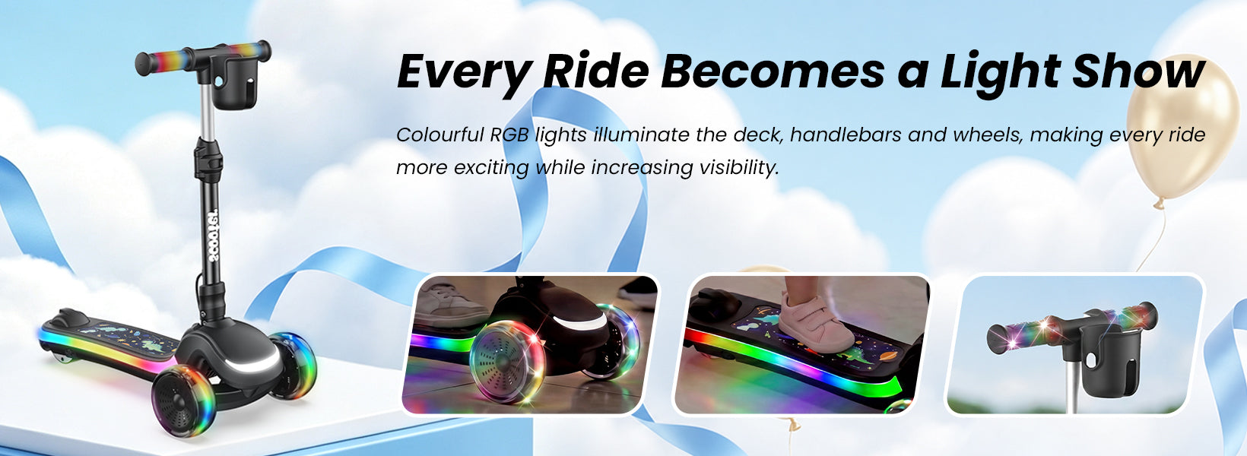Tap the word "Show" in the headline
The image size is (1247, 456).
(x=1138, y=71)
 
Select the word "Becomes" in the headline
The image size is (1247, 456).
(x=773, y=71)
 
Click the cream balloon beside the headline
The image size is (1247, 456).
(x=1175, y=128)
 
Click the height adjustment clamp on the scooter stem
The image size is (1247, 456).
(x=209, y=160)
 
